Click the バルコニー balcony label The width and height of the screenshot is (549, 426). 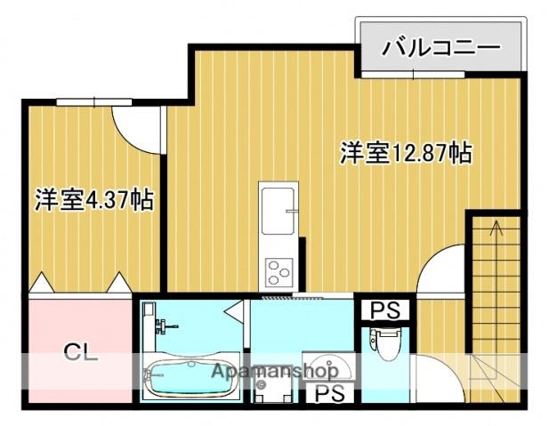tap(440, 47)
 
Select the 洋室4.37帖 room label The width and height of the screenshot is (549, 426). tap(94, 200)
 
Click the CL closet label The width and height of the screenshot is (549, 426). tap(79, 350)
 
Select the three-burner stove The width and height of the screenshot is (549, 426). tap(278, 269)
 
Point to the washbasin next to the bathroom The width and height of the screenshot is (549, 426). tap(332, 368)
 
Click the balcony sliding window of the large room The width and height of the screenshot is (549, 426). tap(413, 76)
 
